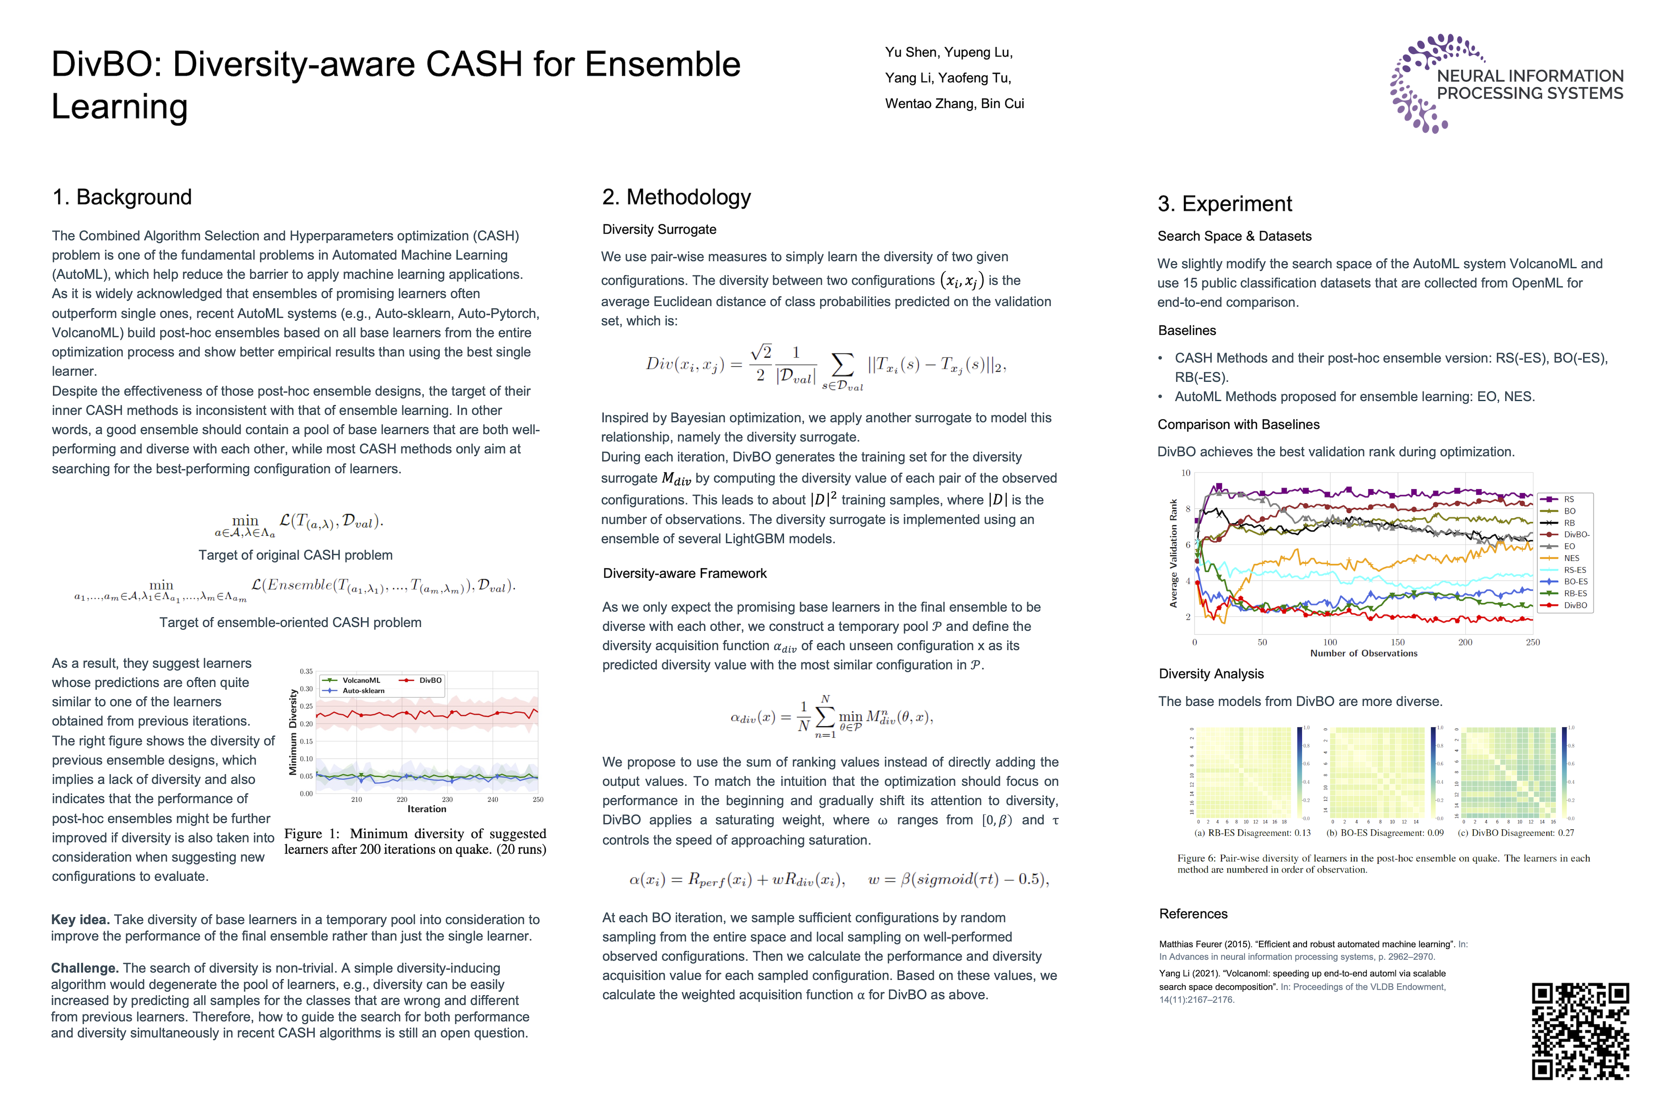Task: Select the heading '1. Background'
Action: (122, 197)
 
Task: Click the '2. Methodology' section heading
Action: (676, 197)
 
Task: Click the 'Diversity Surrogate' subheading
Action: (659, 229)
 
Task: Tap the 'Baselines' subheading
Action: (1187, 330)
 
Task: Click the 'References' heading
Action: (1193, 914)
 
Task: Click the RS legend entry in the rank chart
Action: (1568, 499)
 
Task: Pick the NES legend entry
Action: (1571, 558)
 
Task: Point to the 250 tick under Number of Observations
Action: (1532, 642)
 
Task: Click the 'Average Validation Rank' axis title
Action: (1174, 553)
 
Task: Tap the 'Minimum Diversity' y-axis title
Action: (293, 733)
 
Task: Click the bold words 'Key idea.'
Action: (80, 920)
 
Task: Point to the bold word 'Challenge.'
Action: (84, 968)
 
